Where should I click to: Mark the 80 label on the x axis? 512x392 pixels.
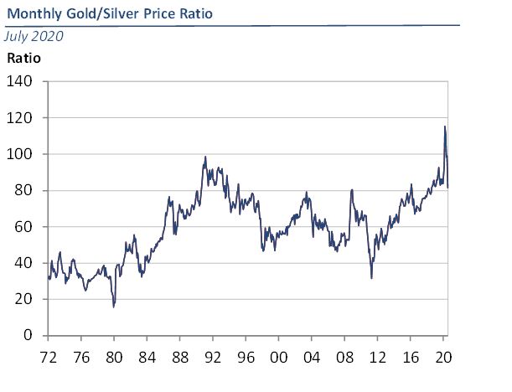pos(114,355)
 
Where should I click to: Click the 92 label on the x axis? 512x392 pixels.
pos(213,355)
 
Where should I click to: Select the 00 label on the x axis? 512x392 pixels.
pos(278,355)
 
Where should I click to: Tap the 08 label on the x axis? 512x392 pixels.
pos(344,355)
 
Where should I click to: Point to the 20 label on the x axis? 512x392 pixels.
pos(442,355)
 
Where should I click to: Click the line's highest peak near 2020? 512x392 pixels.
pos(444,126)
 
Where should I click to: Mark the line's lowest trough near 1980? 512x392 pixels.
pos(114,307)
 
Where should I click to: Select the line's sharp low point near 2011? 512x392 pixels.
pos(371,278)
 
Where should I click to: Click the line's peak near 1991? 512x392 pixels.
pos(205,157)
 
